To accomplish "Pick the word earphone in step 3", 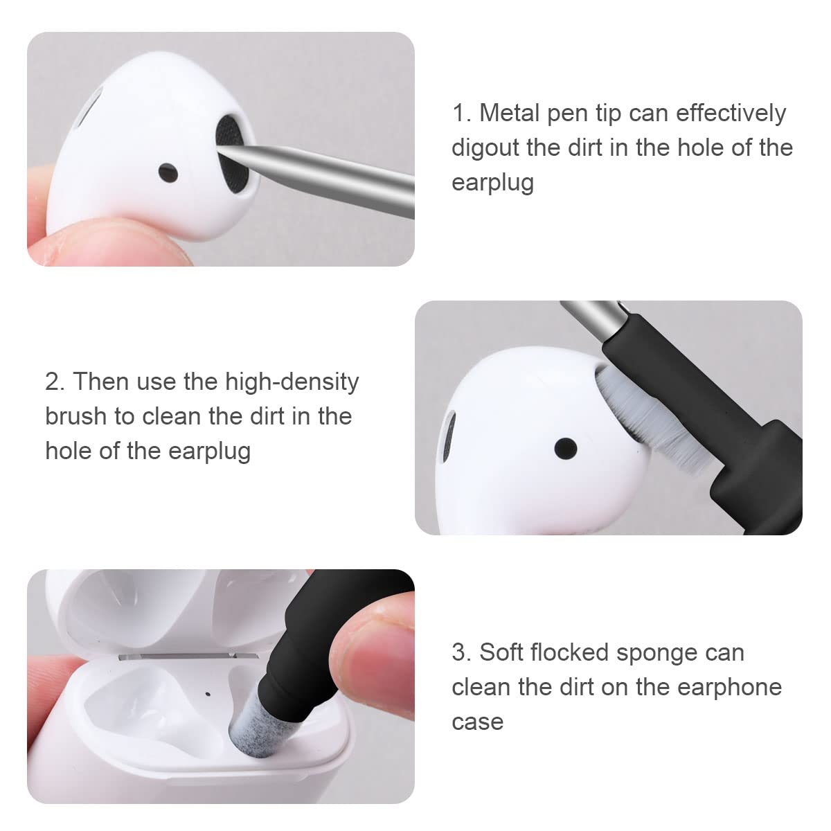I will (x=729, y=687).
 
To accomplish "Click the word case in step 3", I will (x=477, y=722).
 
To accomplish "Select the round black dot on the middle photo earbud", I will (x=566, y=448).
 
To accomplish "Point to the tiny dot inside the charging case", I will (x=208, y=692).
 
